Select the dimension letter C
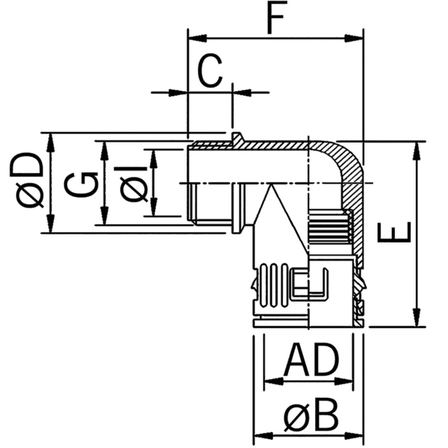[x=211, y=72]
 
